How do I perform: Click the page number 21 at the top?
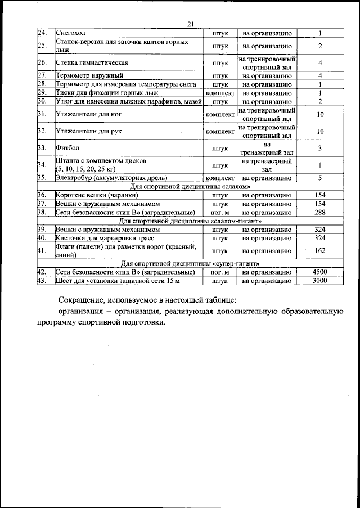coord(190,24)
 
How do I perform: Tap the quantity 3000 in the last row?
coord(319,280)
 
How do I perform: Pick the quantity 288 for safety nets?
coord(319,213)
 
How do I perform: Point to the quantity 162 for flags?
coord(319,251)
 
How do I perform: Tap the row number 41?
coord(41,251)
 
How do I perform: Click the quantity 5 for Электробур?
coord(319,178)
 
